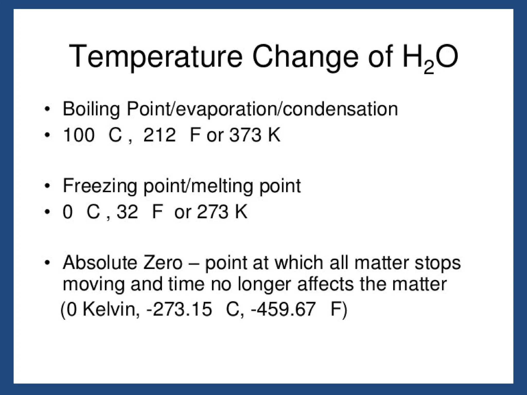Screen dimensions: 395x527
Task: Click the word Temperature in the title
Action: tap(156, 57)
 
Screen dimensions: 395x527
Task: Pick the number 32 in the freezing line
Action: tap(127, 212)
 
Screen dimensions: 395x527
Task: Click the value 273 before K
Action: tap(213, 212)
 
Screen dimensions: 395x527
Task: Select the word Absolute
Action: tap(100, 263)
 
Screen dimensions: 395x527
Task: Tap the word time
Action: tap(186, 284)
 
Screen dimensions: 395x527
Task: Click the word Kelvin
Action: tap(111, 309)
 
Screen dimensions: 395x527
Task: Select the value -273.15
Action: tap(179, 309)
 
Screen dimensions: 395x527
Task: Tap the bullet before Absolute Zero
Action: tap(47, 263)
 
